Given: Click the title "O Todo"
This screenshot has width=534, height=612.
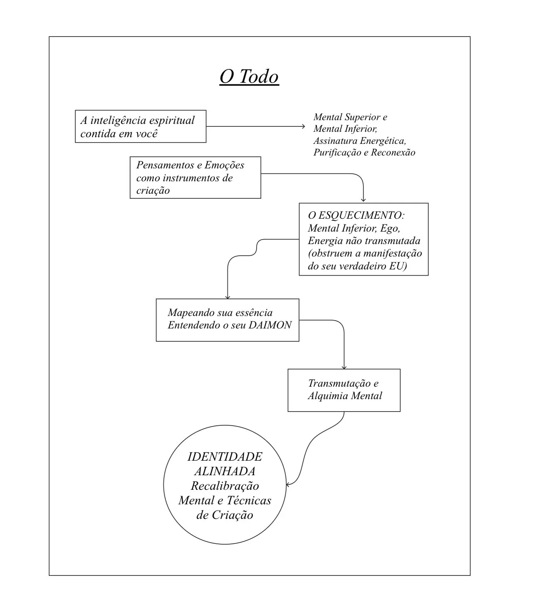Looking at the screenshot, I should pos(249,77).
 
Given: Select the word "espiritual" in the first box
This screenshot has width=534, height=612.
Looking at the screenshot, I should pos(172,121).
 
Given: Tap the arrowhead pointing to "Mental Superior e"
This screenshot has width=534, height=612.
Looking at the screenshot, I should pos(304,126).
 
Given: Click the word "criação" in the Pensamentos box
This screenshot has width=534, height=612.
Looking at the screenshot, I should pos(153,191).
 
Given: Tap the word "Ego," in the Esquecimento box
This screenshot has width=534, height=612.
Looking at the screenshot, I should pos(391,228).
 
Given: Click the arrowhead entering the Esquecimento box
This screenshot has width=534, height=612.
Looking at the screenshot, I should pos(363,200).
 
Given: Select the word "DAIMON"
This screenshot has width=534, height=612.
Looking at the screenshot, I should pos(270,325).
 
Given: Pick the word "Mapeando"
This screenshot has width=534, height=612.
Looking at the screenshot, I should pos(191,313).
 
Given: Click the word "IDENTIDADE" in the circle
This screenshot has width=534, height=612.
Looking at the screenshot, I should pos(225,457).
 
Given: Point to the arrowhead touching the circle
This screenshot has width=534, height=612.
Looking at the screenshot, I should pos(288,484).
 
